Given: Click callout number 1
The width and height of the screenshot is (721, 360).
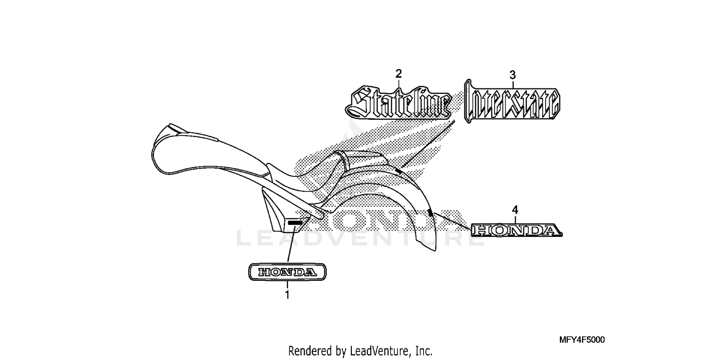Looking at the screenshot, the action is click(287, 295).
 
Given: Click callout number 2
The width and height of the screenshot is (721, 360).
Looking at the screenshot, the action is click(398, 74).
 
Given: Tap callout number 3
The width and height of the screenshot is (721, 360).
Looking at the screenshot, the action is click(513, 75).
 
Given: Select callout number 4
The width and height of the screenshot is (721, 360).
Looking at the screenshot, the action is click(515, 210).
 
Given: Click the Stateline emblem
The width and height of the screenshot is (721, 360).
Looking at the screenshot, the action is click(398, 102).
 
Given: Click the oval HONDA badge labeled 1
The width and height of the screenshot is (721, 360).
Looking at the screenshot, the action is click(287, 272).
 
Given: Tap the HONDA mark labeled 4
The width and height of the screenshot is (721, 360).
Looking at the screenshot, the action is click(516, 230).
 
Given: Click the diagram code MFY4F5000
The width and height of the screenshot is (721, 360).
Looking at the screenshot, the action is click(582, 340).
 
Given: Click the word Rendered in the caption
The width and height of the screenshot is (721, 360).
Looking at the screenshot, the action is click(311, 350).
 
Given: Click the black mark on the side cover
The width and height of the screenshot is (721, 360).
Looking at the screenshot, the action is click(295, 223).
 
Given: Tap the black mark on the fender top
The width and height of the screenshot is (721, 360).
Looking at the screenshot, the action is click(398, 171).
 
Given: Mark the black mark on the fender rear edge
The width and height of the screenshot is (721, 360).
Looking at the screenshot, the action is click(430, 212).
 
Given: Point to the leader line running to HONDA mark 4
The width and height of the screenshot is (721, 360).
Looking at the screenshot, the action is click(452, 221).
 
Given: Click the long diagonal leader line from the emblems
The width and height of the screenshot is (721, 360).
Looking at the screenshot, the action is click(428, 144).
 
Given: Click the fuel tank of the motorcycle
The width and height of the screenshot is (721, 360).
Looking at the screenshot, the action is click(209, 151).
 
